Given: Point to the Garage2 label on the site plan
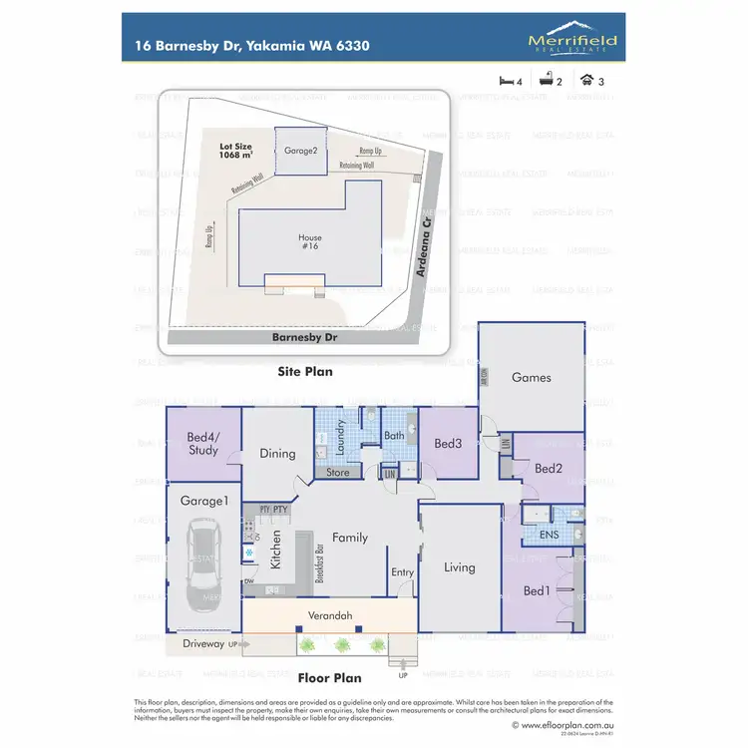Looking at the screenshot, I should pyautogui.click(x=300, y=152).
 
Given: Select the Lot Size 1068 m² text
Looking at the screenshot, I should pyautogui.click(x=238, y=151).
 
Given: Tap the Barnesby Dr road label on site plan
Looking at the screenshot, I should pyautogui.click(x=305, y=338).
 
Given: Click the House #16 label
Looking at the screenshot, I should pyautogui.click(x=311, y=243).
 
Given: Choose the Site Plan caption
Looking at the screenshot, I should pyautogui.click(x=305, y=371).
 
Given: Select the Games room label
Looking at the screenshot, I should pyautogui.click(x=531, y=378).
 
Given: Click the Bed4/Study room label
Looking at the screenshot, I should pyautogui.click(x=202, y=443).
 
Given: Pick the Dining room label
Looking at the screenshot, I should pyautogui.click(x=277, y=454).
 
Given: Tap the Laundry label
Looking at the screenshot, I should pyautogui.click(x=341, y=440).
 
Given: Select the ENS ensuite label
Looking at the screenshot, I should pyautogui.click(x=550, y=536).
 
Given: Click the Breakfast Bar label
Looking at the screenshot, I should pyautogui.click(x=322, y=563).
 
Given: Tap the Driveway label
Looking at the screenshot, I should pyautogui.click(x=204, y=644).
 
